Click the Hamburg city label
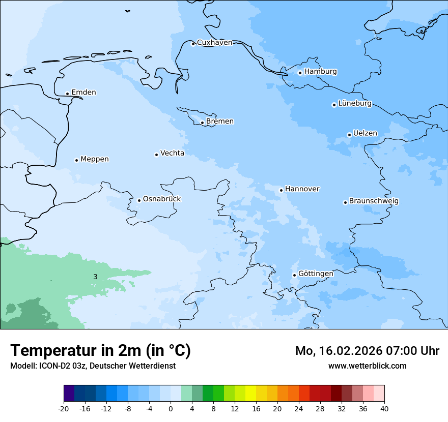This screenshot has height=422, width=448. click(320, 72)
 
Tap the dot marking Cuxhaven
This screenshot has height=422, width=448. click(193, 44)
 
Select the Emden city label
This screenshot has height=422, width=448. click(83, 93)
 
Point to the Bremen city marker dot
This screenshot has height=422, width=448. click(202, 123)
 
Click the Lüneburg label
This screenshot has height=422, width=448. click(354, 104)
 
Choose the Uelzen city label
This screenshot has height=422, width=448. click(365, 134)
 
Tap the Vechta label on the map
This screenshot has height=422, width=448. click(172, 153)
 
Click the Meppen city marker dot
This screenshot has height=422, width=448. click(76, 160)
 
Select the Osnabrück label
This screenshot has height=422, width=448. click(162, 199)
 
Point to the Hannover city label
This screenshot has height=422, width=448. click(302, 189)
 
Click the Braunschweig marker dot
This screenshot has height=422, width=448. click(345, 202)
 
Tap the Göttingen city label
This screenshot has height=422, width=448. click(316, 274)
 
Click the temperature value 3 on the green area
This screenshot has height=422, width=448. click(95, 277)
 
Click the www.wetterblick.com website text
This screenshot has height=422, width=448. click(367, 366)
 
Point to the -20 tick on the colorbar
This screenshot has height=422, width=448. click(64, 408)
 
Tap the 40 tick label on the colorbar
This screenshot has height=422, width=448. click(384, 408)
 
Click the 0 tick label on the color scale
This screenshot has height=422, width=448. click(171, 408)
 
